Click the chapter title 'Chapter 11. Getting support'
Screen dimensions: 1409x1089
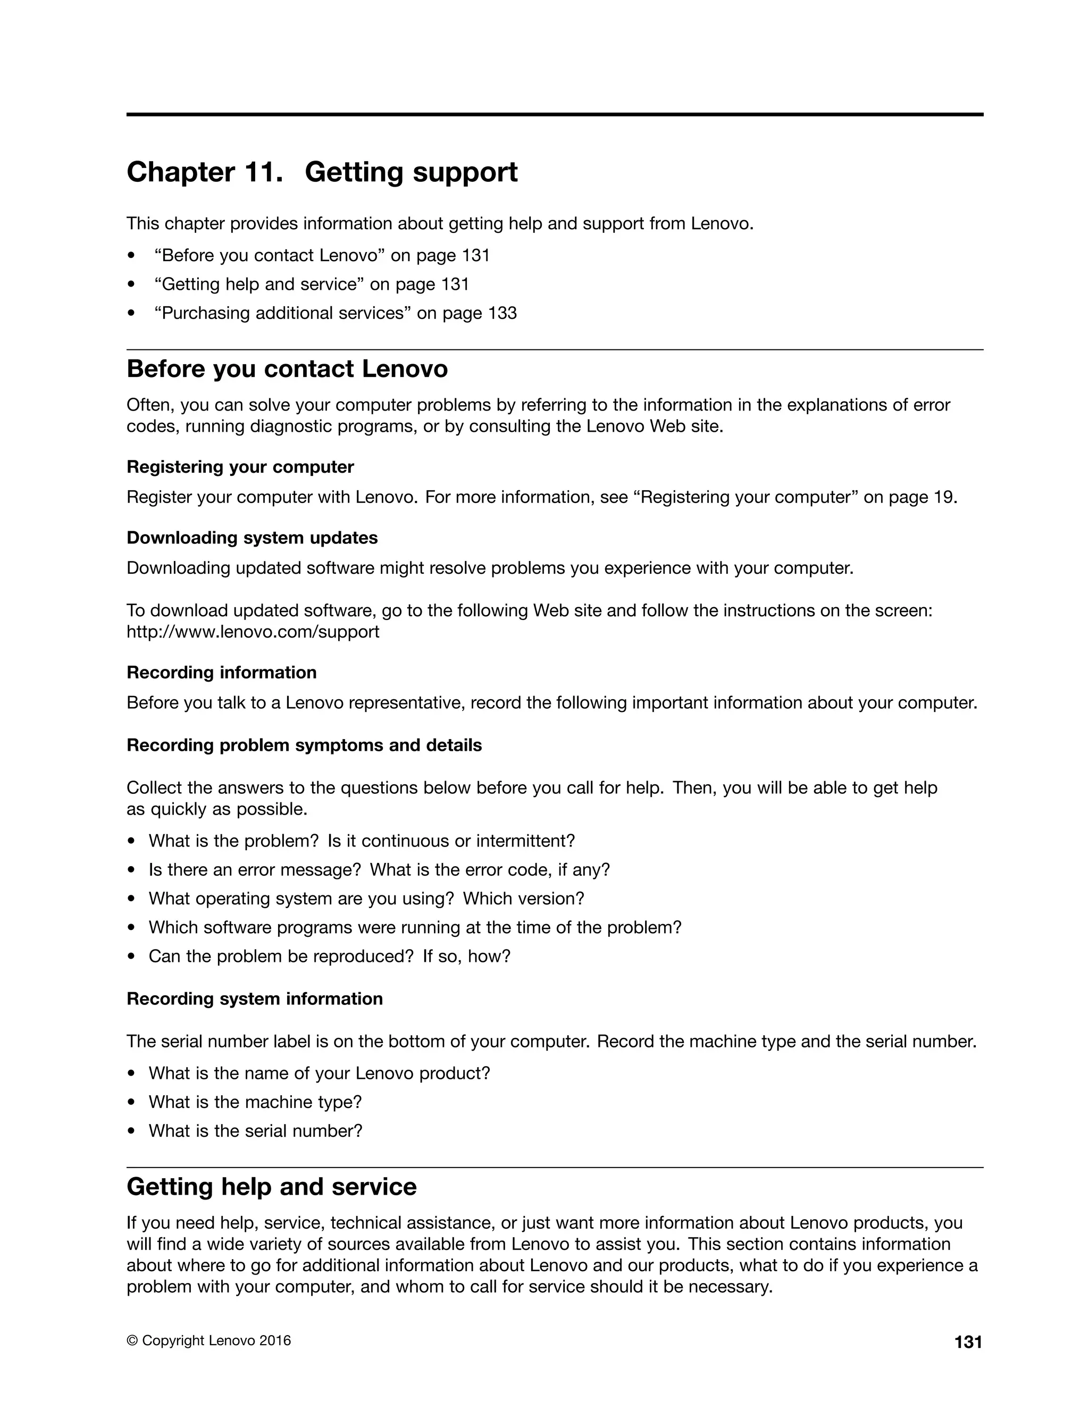coord(322,172)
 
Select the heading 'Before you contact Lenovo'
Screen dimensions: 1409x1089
coord(287,369)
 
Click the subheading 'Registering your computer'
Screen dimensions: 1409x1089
coord(240,466)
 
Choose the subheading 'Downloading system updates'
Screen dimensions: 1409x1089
coord(252,538)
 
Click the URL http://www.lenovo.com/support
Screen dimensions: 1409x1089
coord(253,632)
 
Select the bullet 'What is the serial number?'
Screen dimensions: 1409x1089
coord(255,1131)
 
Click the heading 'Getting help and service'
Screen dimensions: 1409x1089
coord(272,1187)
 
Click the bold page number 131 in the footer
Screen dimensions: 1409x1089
coord(968,1343)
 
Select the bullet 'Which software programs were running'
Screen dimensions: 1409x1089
coord(414,927)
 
